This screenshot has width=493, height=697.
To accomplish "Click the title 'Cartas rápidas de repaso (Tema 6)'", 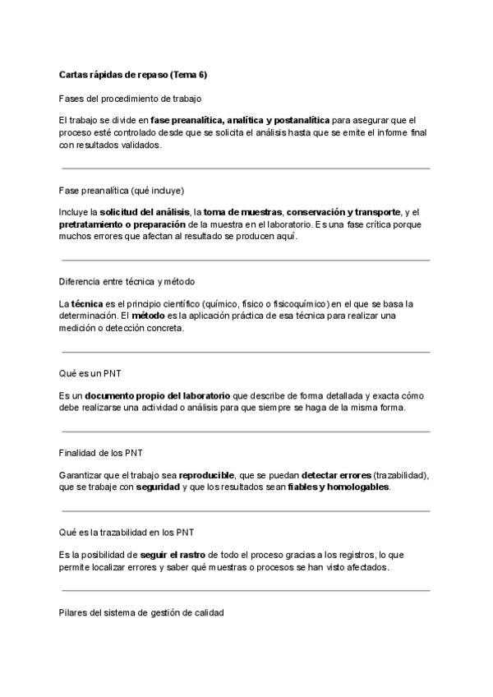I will pos(133,74).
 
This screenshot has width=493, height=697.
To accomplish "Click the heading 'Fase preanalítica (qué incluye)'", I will pos(121,190).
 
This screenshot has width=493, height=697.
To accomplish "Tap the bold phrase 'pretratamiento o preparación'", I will pos(122,224).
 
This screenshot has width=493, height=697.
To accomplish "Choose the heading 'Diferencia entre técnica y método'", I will pos(127,282).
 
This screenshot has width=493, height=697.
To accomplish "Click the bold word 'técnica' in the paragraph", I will pos(88,304).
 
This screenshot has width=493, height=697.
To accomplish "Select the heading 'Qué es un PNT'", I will pos(90,374).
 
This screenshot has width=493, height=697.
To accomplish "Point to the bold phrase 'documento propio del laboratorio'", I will pos(154,396).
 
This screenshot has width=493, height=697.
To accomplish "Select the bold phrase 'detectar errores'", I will pos(336,475).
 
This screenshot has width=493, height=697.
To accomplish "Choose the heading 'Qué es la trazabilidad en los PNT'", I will pos(127,532).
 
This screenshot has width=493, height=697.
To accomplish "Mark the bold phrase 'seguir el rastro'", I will pos(172,554).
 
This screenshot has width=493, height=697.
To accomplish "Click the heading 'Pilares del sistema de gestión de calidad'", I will pos(141,612).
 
